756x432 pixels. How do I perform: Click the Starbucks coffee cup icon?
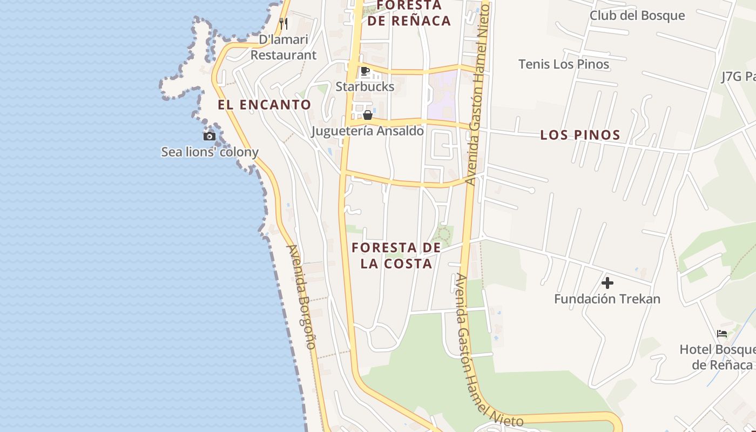coord(365,71)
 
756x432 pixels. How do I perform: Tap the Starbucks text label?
coord(365,86)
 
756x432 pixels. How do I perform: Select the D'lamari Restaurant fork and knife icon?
coord(283,24)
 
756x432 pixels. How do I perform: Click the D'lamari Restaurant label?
coord(283,47)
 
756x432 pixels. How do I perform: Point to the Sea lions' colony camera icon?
coord(210,136)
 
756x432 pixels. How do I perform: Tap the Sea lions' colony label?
coord(210,152)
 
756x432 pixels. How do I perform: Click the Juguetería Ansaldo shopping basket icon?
coord(368,115)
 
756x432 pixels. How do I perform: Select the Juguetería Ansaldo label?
coord(368,131)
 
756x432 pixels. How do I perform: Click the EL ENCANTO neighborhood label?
coord(265,105)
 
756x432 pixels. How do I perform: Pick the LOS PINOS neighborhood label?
coord(580,135)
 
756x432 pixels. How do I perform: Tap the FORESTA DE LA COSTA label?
coord(397,255)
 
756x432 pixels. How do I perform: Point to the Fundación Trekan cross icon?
coord(607,282)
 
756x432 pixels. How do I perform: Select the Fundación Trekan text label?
coord(607,299)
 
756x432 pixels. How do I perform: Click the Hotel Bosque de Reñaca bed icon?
coord(722,333)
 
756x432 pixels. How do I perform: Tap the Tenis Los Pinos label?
coord(564,64)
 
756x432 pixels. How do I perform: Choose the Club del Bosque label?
coord(637,16)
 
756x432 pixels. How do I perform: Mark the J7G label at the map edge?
coord(738,77)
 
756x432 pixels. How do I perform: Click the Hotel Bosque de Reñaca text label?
coord(718,357)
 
